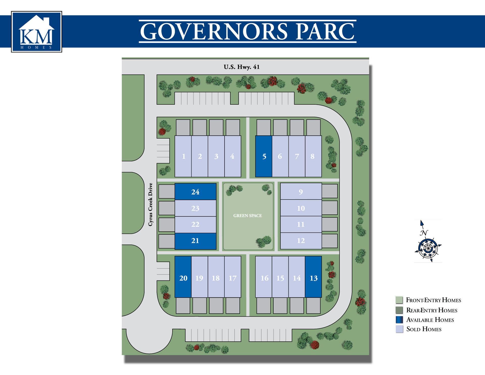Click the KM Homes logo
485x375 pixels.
point(37,32)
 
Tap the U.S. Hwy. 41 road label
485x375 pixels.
point(241,67)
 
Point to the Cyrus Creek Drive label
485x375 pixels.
point(151,204)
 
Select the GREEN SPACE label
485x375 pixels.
point(248,216)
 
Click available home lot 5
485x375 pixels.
point(264,156)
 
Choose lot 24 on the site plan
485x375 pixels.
point(195,192)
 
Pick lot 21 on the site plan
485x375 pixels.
point(195,241)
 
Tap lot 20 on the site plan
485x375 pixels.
point(183,278)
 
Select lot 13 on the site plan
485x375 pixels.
point(313,278)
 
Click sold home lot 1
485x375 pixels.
point(183,156)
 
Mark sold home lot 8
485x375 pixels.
point(313,156)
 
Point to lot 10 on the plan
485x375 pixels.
point(301,208)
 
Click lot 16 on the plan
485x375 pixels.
point(264,278)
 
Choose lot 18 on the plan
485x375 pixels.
point(216,278)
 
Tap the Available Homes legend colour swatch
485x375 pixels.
point(399,320)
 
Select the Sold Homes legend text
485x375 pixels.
point(424,329)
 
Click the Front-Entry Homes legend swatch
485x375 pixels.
point(399,300)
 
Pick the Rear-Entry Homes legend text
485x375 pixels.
point(432,310)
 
